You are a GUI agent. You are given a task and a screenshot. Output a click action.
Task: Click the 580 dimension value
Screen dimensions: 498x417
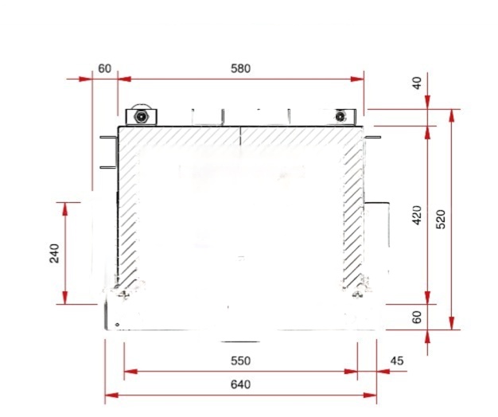pos(240,68)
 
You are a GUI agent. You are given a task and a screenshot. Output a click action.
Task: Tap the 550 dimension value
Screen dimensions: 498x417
pos(240,360)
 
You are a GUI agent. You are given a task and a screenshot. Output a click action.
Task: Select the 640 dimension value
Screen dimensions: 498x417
pos(240,384)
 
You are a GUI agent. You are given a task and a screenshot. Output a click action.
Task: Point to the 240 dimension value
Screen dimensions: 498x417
pos(54,253)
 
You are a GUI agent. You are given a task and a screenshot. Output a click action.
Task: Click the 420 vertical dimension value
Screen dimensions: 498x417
pos(418,215)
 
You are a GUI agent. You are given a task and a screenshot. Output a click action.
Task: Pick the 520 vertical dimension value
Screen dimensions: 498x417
pos(441,219)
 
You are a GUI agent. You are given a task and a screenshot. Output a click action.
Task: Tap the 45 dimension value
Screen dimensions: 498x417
pos(397,360)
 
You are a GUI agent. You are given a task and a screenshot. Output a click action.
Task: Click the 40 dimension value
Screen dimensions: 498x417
pos(418,83)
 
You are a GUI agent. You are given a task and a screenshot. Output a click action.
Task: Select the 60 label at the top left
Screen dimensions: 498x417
pos(104,68)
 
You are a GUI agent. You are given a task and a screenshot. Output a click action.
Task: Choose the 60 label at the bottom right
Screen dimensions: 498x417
pos(418,317)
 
